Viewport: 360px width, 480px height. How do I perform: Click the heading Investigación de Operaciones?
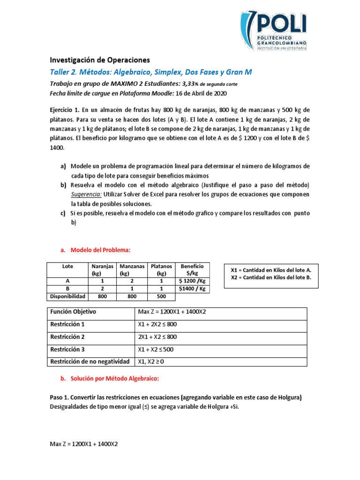(99, 60)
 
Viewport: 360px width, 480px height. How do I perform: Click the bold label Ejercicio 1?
(65, 110)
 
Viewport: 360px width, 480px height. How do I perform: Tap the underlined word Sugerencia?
(86, 194)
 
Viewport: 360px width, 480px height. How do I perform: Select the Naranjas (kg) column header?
(102, 270)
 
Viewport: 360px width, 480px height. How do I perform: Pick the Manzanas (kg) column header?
(131, 270)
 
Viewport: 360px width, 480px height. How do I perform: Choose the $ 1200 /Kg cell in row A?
(192, 281)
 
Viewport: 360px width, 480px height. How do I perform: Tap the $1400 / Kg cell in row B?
(192, 289)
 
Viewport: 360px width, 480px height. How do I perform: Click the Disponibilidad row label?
(67, 296)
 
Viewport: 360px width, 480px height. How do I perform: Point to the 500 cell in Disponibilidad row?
(161, 296)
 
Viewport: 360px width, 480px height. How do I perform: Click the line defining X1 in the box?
(271, 270)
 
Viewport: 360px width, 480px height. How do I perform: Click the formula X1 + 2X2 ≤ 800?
(157, 324)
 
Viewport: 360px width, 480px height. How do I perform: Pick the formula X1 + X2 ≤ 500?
(156, 349)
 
